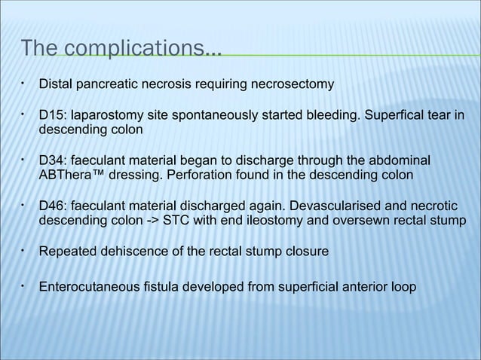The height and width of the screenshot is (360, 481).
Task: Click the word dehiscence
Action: [127, 251]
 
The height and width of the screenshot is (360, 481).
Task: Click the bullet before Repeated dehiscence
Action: [24, 249]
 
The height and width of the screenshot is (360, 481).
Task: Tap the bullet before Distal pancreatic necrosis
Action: [24, 83]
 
